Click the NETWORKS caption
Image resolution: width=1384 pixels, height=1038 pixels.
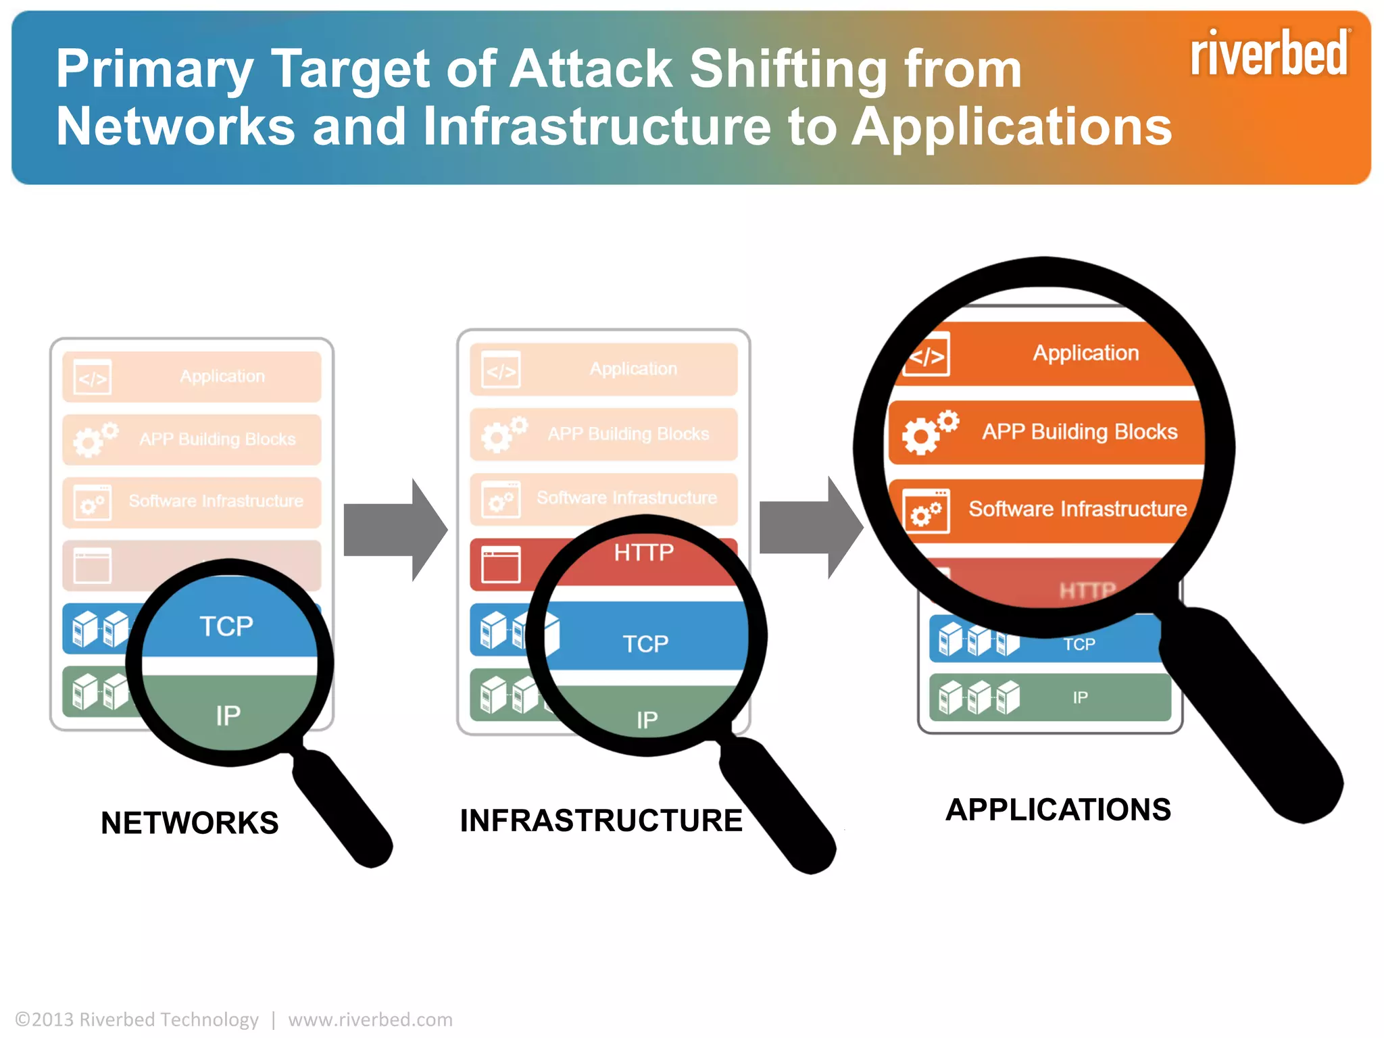(x=189, y=822)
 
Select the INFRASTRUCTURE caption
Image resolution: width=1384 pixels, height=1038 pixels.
(x=601, y=820)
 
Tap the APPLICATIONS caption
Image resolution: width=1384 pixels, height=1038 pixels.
(x=1058, y=810)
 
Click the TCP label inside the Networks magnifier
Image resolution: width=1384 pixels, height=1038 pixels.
(x=226, y=626)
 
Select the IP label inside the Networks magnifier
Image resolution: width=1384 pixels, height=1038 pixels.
(x=228, y=716)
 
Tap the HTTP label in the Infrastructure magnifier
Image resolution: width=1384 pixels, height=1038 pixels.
(x=643, y=553)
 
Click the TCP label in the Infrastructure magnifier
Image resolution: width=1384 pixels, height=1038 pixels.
(x=645, y=643)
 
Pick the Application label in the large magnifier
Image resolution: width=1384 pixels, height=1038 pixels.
(x=1085, y=353)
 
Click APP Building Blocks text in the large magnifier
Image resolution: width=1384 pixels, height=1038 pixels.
(x=1079, y=431)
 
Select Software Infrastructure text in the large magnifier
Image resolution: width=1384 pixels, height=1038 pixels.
(x=1077, y=508)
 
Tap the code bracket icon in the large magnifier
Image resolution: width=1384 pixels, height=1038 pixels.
(x=927, y=355)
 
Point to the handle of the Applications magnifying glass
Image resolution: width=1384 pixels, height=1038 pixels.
(x=1250, y=716)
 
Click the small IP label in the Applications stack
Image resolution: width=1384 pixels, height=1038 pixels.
(x=1080, y=697)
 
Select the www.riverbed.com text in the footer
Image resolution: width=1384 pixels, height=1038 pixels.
(x=370, y=1019)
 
